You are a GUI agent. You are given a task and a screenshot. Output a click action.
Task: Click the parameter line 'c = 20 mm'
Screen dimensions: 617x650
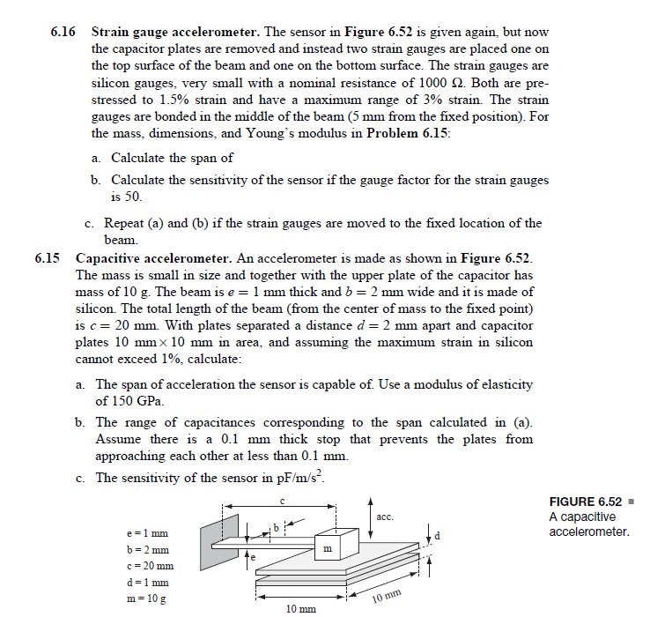point(149,566)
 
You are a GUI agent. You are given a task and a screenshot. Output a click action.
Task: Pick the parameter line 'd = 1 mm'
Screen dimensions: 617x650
point(147,583)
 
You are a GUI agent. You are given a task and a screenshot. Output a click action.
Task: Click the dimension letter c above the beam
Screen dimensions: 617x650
point(281,500)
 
